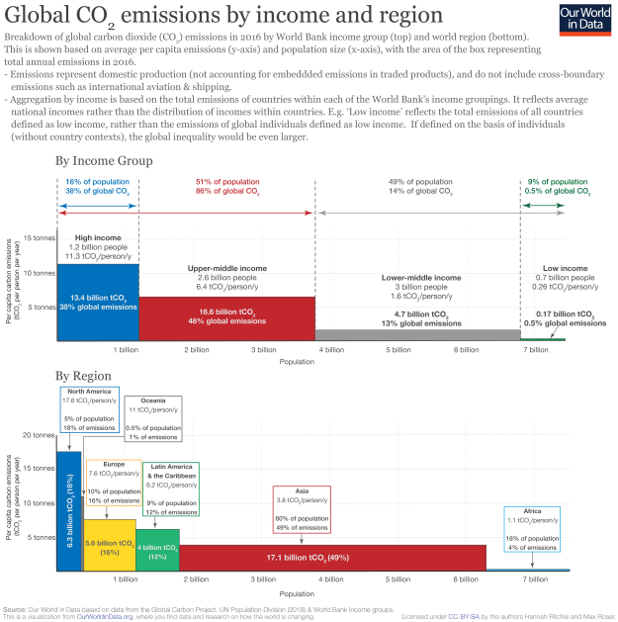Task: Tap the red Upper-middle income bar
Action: (x=226, y=317)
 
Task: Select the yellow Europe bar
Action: (x=109, y=545)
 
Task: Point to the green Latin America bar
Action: (x=158, y=550)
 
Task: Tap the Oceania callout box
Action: (x=153, y=418)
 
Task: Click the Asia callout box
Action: (x=302, y=509)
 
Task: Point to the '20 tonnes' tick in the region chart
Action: (x=35, y=435)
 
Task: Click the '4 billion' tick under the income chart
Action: (x=331, y=350)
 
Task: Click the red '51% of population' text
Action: (x=226, y=182)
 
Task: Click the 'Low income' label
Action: (x=566, y=269)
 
